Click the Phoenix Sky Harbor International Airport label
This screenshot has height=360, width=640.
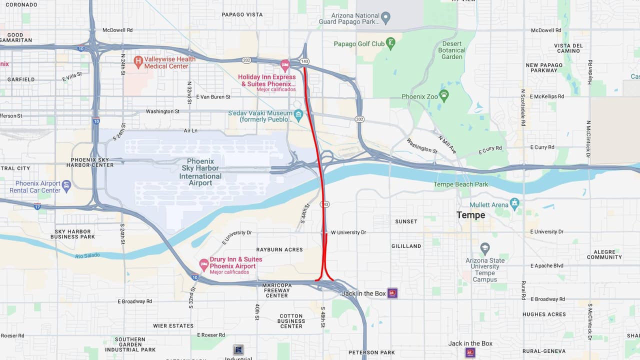pyautogui.click(x=200, y=172)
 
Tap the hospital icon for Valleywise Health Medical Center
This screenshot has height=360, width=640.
pyautogui.click(x=138, y=62)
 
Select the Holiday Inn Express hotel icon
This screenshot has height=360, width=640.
pyautogui.click(x=285, y=64)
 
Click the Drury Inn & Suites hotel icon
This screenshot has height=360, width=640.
pyautogui.click(x=203, y=263)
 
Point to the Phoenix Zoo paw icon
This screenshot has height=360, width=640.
pyautogui.click(x=443, y=94)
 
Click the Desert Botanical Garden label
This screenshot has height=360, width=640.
pyautogui.click(x=451, y=50)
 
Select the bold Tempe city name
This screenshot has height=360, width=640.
pyautogui.click(x=470, y=215)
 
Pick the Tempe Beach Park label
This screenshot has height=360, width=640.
pyautogui.click(x=460, y=184)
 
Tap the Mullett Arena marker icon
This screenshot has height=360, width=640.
pyautogui.click(x=515, y=204)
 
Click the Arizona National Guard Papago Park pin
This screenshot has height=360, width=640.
pyautogui.click(x=385, y=18)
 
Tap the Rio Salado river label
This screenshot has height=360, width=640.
pyautogui.click(x=87, y=255)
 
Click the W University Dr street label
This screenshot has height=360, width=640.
pyautogui.click(x=348, y=232)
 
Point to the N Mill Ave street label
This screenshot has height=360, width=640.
pyautogui.click(x=447, y=144)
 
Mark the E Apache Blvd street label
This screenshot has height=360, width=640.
pyautogui.click(x=546, y=265)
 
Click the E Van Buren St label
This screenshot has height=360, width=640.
pyautogui.click(x=213, y=96)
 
